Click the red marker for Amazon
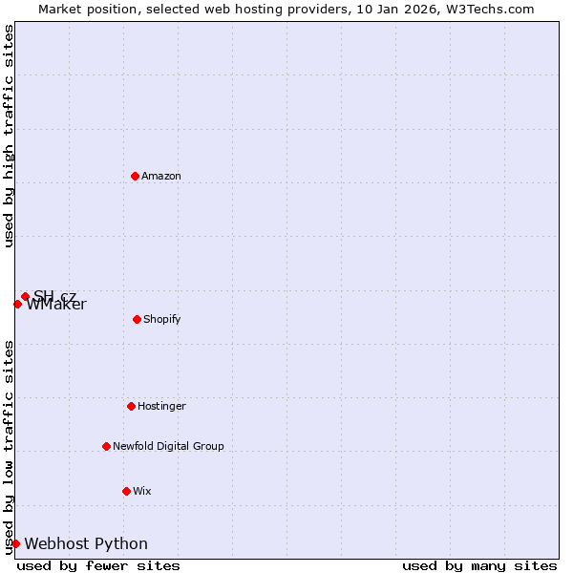pyautogui.click(x=135, y=176)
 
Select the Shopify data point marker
pyautogui.click(x=137, y=319)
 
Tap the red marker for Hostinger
pyautogui.click(x=131, y=406)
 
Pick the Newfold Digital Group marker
pyautogui.click(x=106, y=446)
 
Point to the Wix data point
pyautogui.click(x=126, y=491)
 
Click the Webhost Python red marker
pyautogui.click(x=15, y=543)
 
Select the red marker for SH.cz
pyautogui.click(x=25, y=296)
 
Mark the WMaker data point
pyautogui.click(x=17, y=304)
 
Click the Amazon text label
pyautogui.click(x=161, y=176)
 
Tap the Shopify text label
pyautogui.click(x=162, y=319)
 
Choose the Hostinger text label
pyautogui.click(x=161, y=406)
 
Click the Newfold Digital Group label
pyautogui.click(x=168, y=446)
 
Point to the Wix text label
pyautogui.click(x=142, y=491)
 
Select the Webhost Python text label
pyautogui.click(x=86, y=543)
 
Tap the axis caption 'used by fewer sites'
pyautogui.click(x=98, y=565)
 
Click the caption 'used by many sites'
pyautogui.click(x=479, y=565)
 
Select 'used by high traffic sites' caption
pyautogui.click(x=9, y=136)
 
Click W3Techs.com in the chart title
pyautogui.click(x=487, y=9)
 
